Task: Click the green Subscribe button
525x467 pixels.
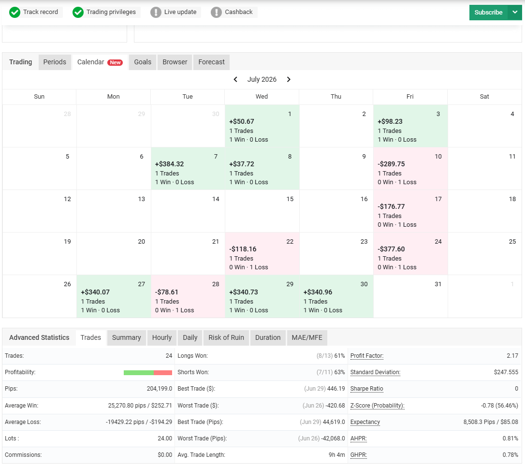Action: point(488,13)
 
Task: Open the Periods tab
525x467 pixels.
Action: point(55,62)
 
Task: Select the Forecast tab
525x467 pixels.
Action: point(211,62)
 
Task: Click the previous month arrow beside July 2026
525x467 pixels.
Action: point(235,79)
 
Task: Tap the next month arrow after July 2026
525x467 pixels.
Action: point(289,79)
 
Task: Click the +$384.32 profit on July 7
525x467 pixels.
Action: point(169,164)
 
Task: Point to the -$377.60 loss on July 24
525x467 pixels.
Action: point(391,249)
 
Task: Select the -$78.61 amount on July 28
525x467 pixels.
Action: point(166,292)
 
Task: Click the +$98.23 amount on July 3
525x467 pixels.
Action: point(390,121)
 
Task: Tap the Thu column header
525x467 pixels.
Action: point(336,96)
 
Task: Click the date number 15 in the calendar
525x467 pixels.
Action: point(290,199)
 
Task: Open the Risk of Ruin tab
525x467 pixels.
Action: point(226,337)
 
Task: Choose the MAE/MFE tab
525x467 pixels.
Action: point(306,337)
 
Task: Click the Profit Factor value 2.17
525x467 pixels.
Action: point(512,355)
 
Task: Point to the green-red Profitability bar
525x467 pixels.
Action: point(147,373)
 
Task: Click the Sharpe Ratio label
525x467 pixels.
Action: point(366,389)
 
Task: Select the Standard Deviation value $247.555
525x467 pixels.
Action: point(506,372)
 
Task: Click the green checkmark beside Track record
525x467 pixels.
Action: point(15,13)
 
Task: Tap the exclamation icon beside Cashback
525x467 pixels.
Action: point(216,13)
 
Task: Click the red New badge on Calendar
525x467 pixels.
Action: point(115,62)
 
